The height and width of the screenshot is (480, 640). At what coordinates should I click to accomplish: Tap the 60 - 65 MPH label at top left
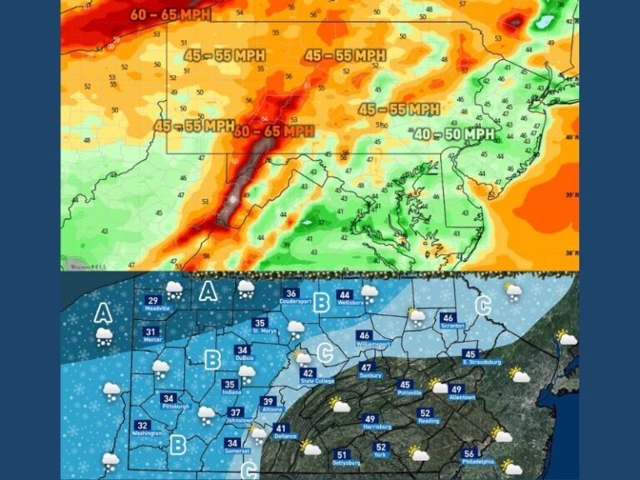tap(171, 14)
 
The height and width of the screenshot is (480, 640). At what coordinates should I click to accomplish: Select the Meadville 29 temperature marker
tap(153, 304)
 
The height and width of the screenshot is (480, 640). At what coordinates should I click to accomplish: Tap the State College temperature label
tap(308, 377)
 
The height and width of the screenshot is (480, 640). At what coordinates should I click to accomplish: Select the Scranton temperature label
tap(448, 321)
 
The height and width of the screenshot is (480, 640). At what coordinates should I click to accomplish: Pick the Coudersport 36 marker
tap(292, 297)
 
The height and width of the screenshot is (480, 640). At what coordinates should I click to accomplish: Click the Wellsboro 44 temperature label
tap(345, 297)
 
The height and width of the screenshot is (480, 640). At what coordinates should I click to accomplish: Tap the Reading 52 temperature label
tap(425, 416)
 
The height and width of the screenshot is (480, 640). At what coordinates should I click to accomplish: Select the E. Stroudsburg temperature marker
tap(471, 357)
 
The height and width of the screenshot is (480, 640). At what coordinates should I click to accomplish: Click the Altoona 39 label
tap(268, 404)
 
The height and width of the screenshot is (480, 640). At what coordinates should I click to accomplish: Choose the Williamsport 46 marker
tap(364, 338)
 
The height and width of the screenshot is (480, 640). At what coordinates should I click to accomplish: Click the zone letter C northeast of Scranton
tap(482, 305)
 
